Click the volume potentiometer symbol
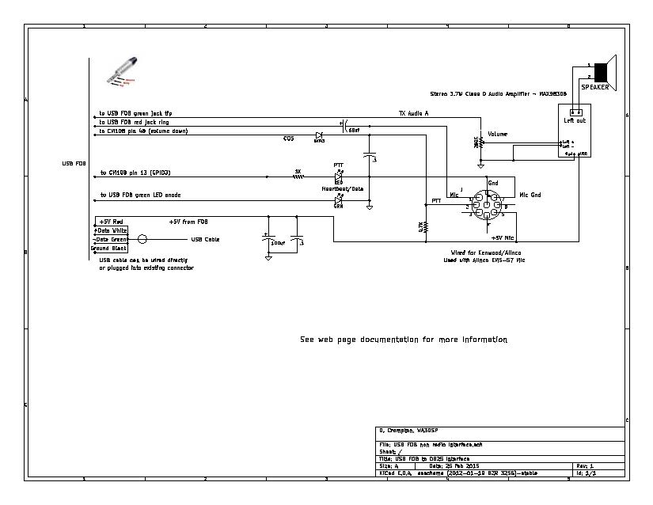click(x=481, y=143)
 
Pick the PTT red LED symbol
click(x=338, y=177)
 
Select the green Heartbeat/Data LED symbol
click(x=338, y=201)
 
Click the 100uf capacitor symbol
click(x=269, y=239)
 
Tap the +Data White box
click(x=111, y=230)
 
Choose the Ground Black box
click(x=109, y=248)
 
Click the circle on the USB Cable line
click(x=142, y=239)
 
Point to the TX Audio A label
click(x=413, y=113)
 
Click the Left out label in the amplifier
click(x=575, y=120)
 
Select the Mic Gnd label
click(x=530, y=195)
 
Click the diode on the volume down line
click(x=319, y=135)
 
